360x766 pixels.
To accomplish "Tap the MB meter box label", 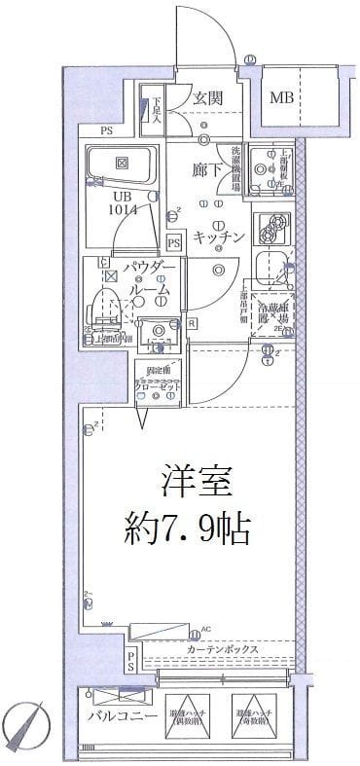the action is tap(282, 97).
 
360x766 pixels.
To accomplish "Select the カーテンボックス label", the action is tap(221, 648).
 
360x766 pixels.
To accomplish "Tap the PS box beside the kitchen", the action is tap(175, 241).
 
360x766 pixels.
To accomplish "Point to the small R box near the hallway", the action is tap(192, 323).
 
